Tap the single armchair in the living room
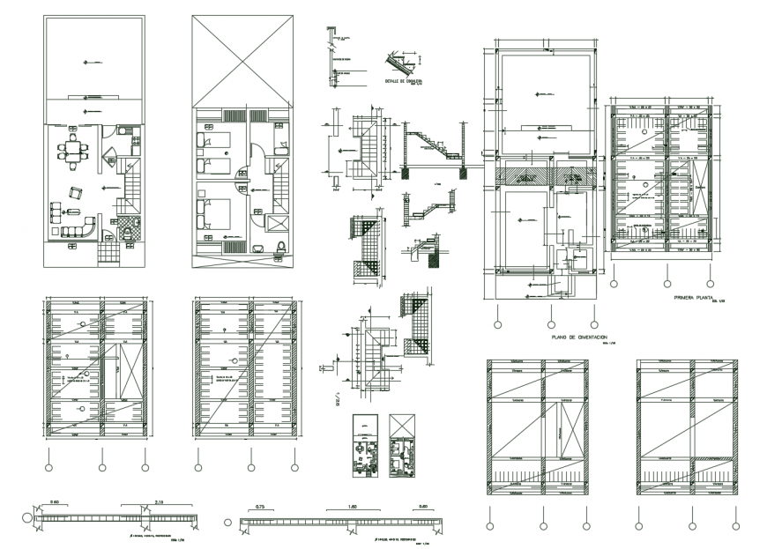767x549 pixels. [76, 193]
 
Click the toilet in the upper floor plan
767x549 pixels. [279, 245]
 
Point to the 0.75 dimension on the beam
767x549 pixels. [261, 508]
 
